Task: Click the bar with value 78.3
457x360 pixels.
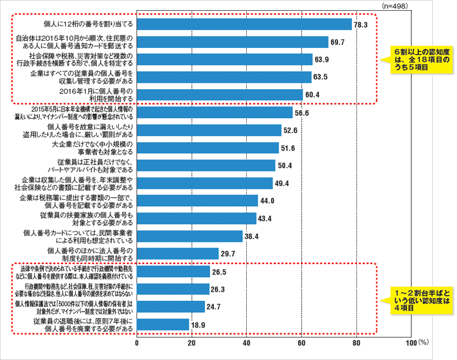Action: pyautogui.click(x=245, y=24)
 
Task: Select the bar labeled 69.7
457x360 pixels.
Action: pyautogui.click(x=233, y=42)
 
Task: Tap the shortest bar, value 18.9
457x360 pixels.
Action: pyautogui.click(x=163, y=324)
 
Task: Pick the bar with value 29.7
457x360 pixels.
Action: pyautogui.click(x=178, y=254)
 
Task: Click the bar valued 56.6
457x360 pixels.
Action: pyautogui.click(x=215, y=112)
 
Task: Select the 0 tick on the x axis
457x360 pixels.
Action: pyautogui.click(x=137, y=343)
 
